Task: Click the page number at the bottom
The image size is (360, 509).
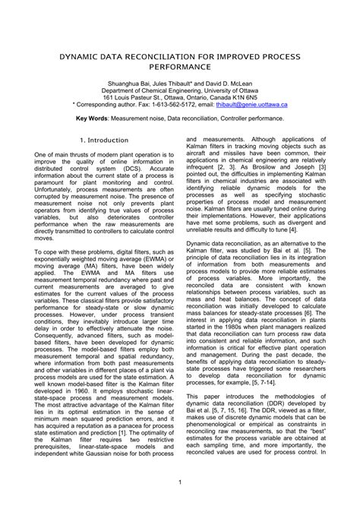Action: [180, 483]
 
